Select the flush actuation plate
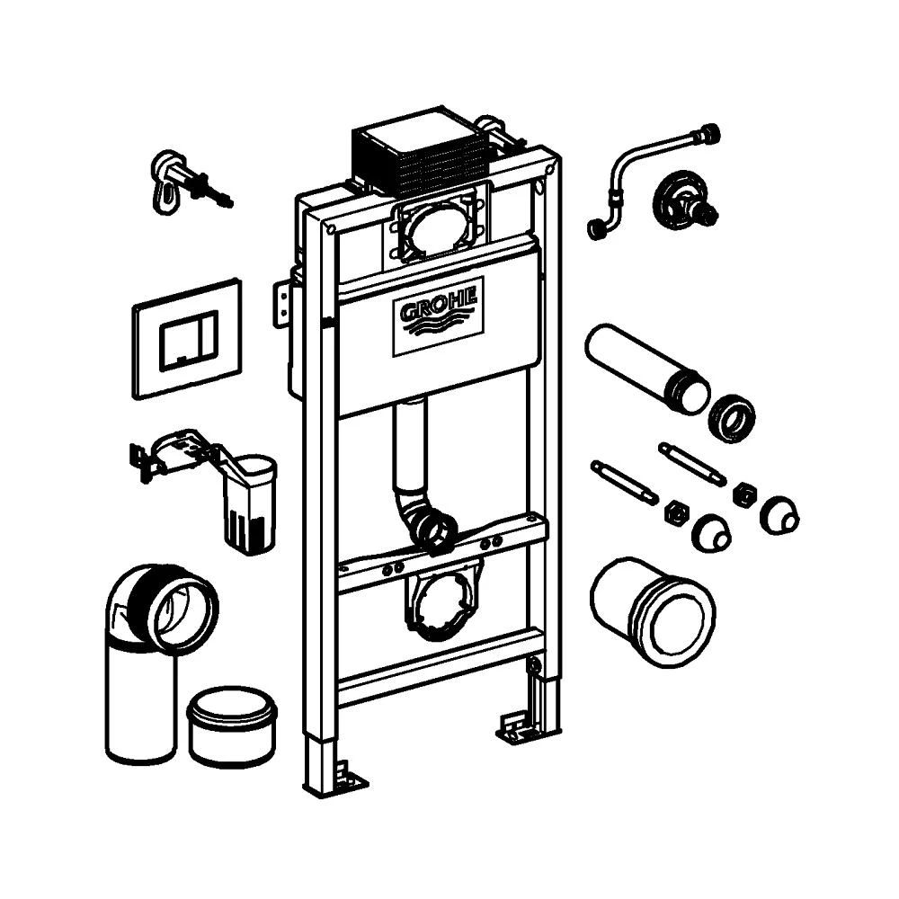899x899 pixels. click(x=188, y=338)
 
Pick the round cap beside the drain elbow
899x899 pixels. click(x=232, y=725)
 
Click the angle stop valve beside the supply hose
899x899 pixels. click(x=684, y=199)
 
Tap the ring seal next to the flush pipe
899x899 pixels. click(x=732, y=417)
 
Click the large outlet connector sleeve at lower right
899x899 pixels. click(x=653, y=611)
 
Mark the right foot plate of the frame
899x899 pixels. click(x=520, y=726)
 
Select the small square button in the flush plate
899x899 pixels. click(x=182, y=346)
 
